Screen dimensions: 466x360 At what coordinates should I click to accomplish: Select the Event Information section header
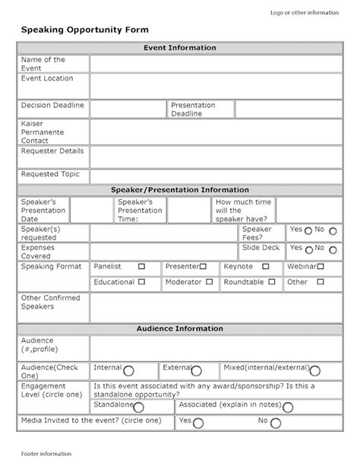click(x=180, y=48)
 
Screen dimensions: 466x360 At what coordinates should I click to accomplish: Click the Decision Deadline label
click(x=52, y=106)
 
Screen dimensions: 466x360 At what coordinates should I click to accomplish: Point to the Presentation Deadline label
click(x=193, y=109)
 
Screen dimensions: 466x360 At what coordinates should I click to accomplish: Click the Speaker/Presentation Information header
click(x=180, y=190)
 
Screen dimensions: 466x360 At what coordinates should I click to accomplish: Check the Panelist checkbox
click(x=141, y=267)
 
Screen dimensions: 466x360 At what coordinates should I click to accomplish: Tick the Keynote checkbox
click(x=265, y=267)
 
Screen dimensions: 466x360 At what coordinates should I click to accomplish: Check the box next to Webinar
click(x=321, y=267)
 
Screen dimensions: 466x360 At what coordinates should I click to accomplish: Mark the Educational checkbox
click(x=141, y=282)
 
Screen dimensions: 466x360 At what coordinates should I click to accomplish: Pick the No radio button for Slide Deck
click(x=331, y=249)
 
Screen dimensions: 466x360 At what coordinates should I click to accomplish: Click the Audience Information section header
click(x=180, y=329)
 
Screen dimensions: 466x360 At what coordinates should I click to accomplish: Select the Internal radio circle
click(x=128, y=371)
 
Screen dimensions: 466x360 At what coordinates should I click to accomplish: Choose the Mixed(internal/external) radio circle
click(x=314, y=371)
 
